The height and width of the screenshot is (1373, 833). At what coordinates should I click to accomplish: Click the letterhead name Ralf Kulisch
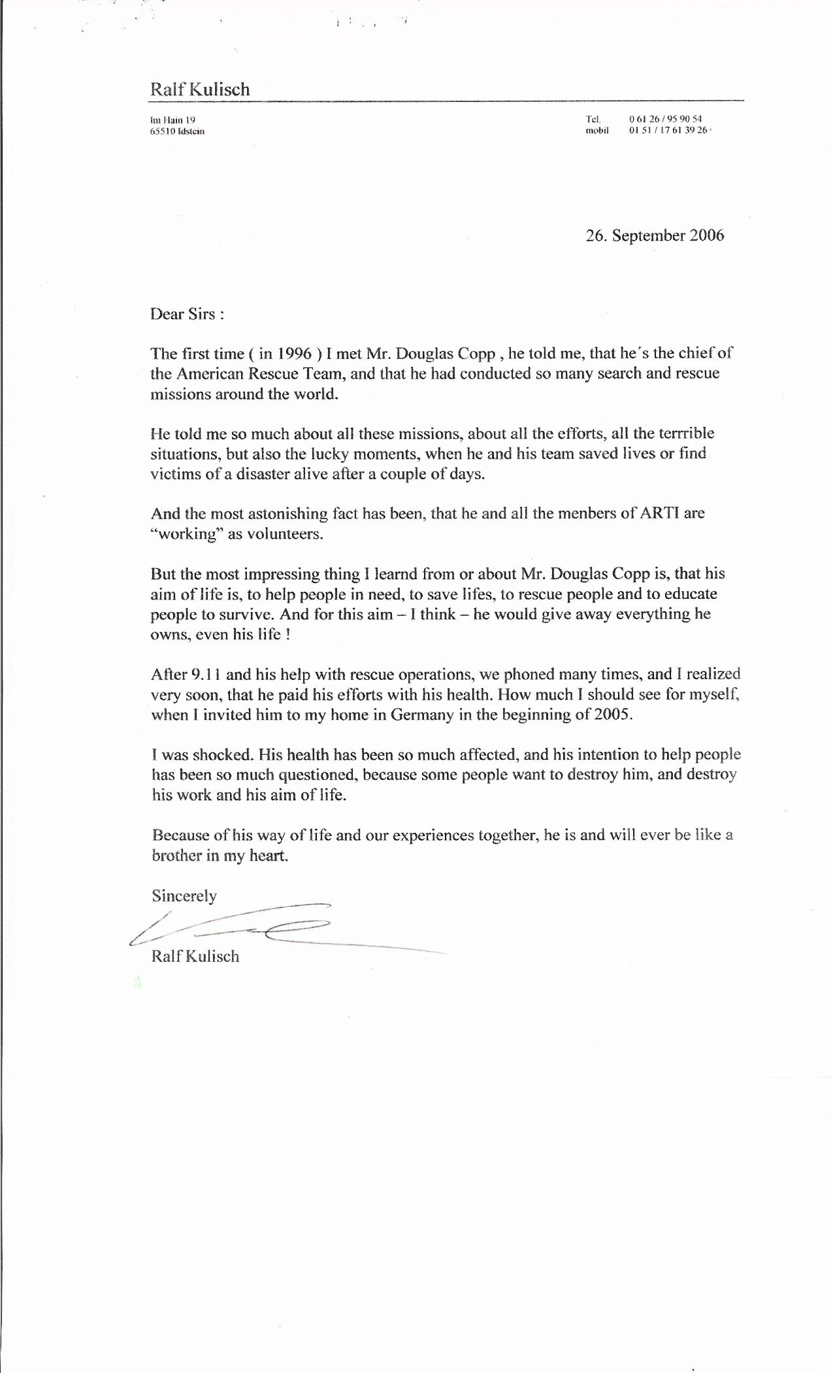pos(200,90)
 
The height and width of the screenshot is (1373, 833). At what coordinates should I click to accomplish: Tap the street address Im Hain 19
pos(173,120)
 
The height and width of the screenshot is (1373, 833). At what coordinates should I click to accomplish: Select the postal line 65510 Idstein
pos(177,131)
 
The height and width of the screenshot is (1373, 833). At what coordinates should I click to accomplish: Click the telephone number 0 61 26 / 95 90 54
pos(665,119)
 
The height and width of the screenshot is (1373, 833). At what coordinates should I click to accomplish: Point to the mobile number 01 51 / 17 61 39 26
pos(668,130)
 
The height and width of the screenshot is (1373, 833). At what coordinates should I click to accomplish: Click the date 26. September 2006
pos(655,235)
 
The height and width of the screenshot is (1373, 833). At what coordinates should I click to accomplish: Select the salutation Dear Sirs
pos(187,314)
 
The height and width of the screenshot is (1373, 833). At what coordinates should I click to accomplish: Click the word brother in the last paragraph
pos(176,855)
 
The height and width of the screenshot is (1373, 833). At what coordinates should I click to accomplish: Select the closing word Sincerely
pos(184,896)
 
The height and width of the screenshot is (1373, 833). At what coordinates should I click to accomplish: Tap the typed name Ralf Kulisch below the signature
pos(195,957)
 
